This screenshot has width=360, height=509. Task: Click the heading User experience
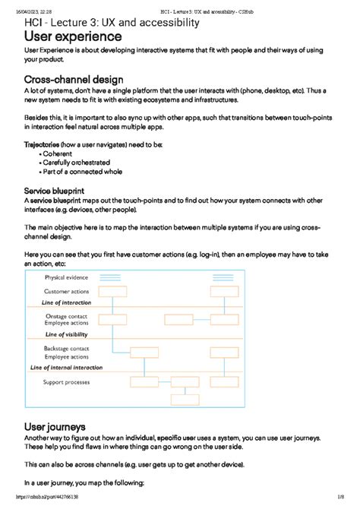[73, 36]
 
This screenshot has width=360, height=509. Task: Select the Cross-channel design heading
[74, 80]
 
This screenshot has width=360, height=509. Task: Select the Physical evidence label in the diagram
[67, 278]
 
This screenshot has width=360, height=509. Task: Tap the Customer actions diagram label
[67, 292]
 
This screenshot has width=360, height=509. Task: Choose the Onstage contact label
[67, 315]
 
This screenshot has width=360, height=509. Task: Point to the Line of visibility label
[67, 334]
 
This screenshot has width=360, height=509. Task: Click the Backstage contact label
[67, 348]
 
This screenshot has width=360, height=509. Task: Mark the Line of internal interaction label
[66, 367]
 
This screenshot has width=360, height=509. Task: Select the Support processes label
[66, 381]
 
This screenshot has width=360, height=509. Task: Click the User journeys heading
[55, 427]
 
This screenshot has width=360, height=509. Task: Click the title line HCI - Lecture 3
[112, 22]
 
